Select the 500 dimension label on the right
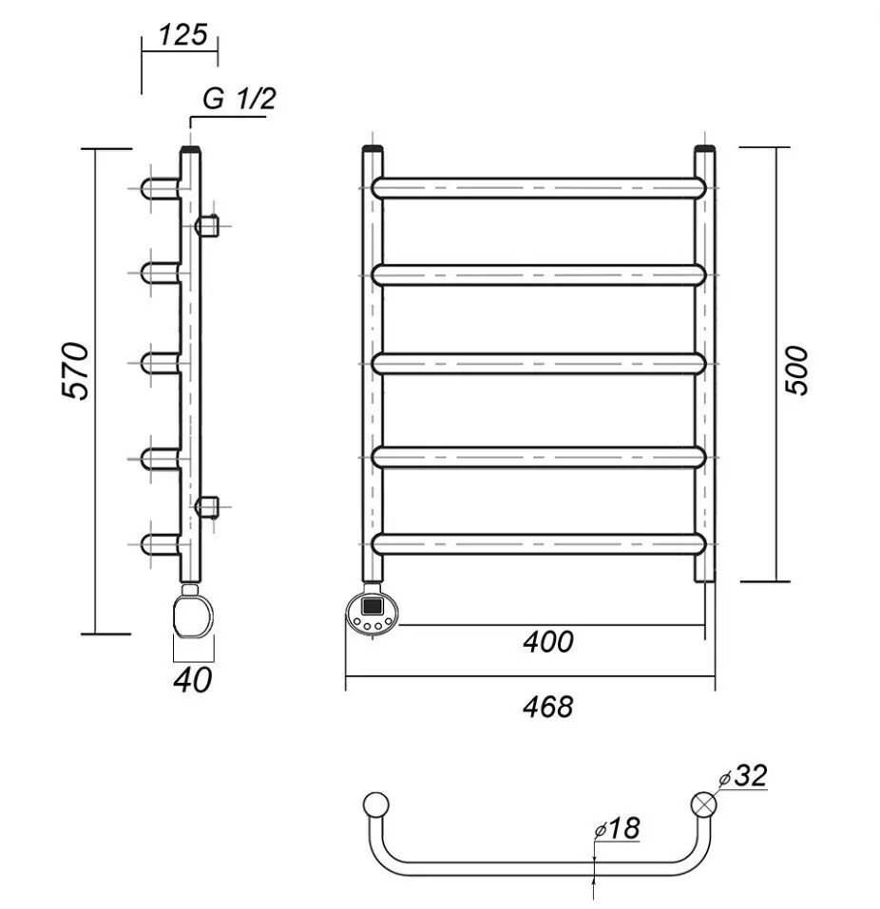point(798,369)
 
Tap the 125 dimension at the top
point(182,35)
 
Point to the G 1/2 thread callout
point(239,99)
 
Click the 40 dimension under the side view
point(193,680)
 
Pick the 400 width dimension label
point(548,642)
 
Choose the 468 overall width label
point(548,707)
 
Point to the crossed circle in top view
point(704,803)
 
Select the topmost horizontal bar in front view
point(540,187)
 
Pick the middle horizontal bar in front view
point(540,363)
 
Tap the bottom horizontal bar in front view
point(540,542)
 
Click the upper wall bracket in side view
point(207,226)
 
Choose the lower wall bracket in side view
point(207,505)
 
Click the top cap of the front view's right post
point(704,150)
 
